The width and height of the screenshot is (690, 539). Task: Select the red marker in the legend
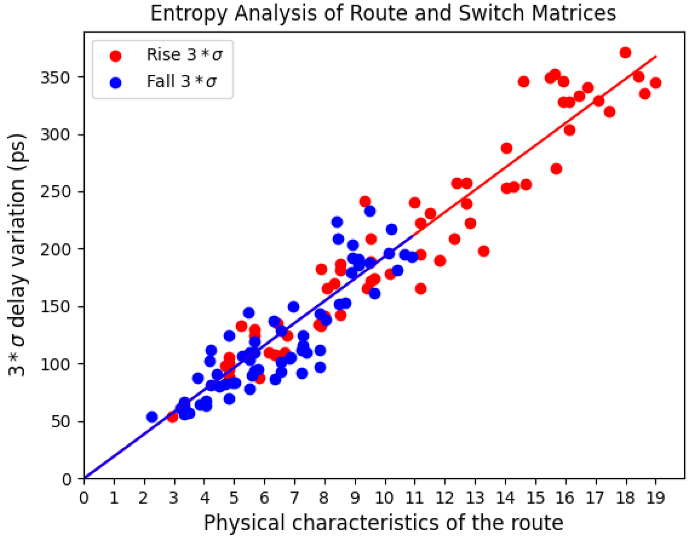pyautogui.click(x=115, y=56)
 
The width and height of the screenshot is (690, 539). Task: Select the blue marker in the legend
pyautogui.click(x=115, y=82)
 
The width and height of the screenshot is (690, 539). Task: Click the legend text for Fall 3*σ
pyautogui.click(x=182, y=82)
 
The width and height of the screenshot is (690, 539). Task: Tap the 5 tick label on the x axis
pyautogui.click(x=234, y=498)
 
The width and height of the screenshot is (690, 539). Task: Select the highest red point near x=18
pyautogui.click(x=625, y=53)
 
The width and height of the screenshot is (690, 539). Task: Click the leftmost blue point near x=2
pyautogui.click(x=152, y=417)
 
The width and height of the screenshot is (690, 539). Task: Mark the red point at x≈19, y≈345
pyautogui.click(x=655, y=83)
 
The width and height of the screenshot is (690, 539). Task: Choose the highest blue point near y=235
pyautogui.click(x=370, y=211)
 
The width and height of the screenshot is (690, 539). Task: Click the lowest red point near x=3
pyautogui.click(x=173, y=417)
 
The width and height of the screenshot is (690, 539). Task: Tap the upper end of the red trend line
pyautogui.click(x=656, y=57)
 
